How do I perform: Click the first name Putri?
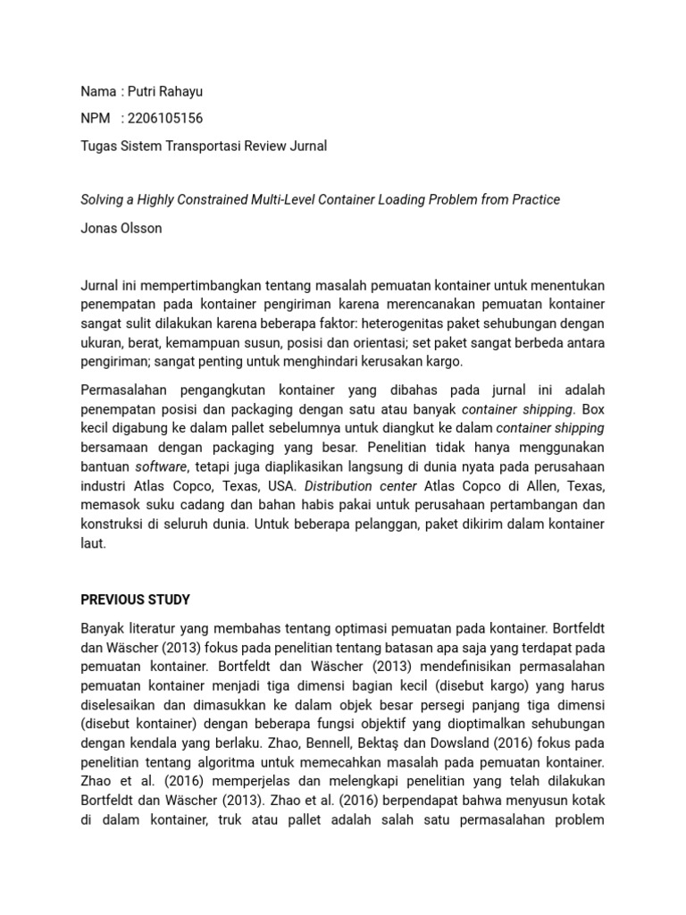(x=141, y=91)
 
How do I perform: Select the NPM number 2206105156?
(x=164, y=118)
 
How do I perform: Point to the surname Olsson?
(x=141, y=228)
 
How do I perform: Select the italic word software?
(x=161, y=466)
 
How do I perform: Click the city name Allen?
(x=547, y=486)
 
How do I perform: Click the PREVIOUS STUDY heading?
(x=135, y=600)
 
